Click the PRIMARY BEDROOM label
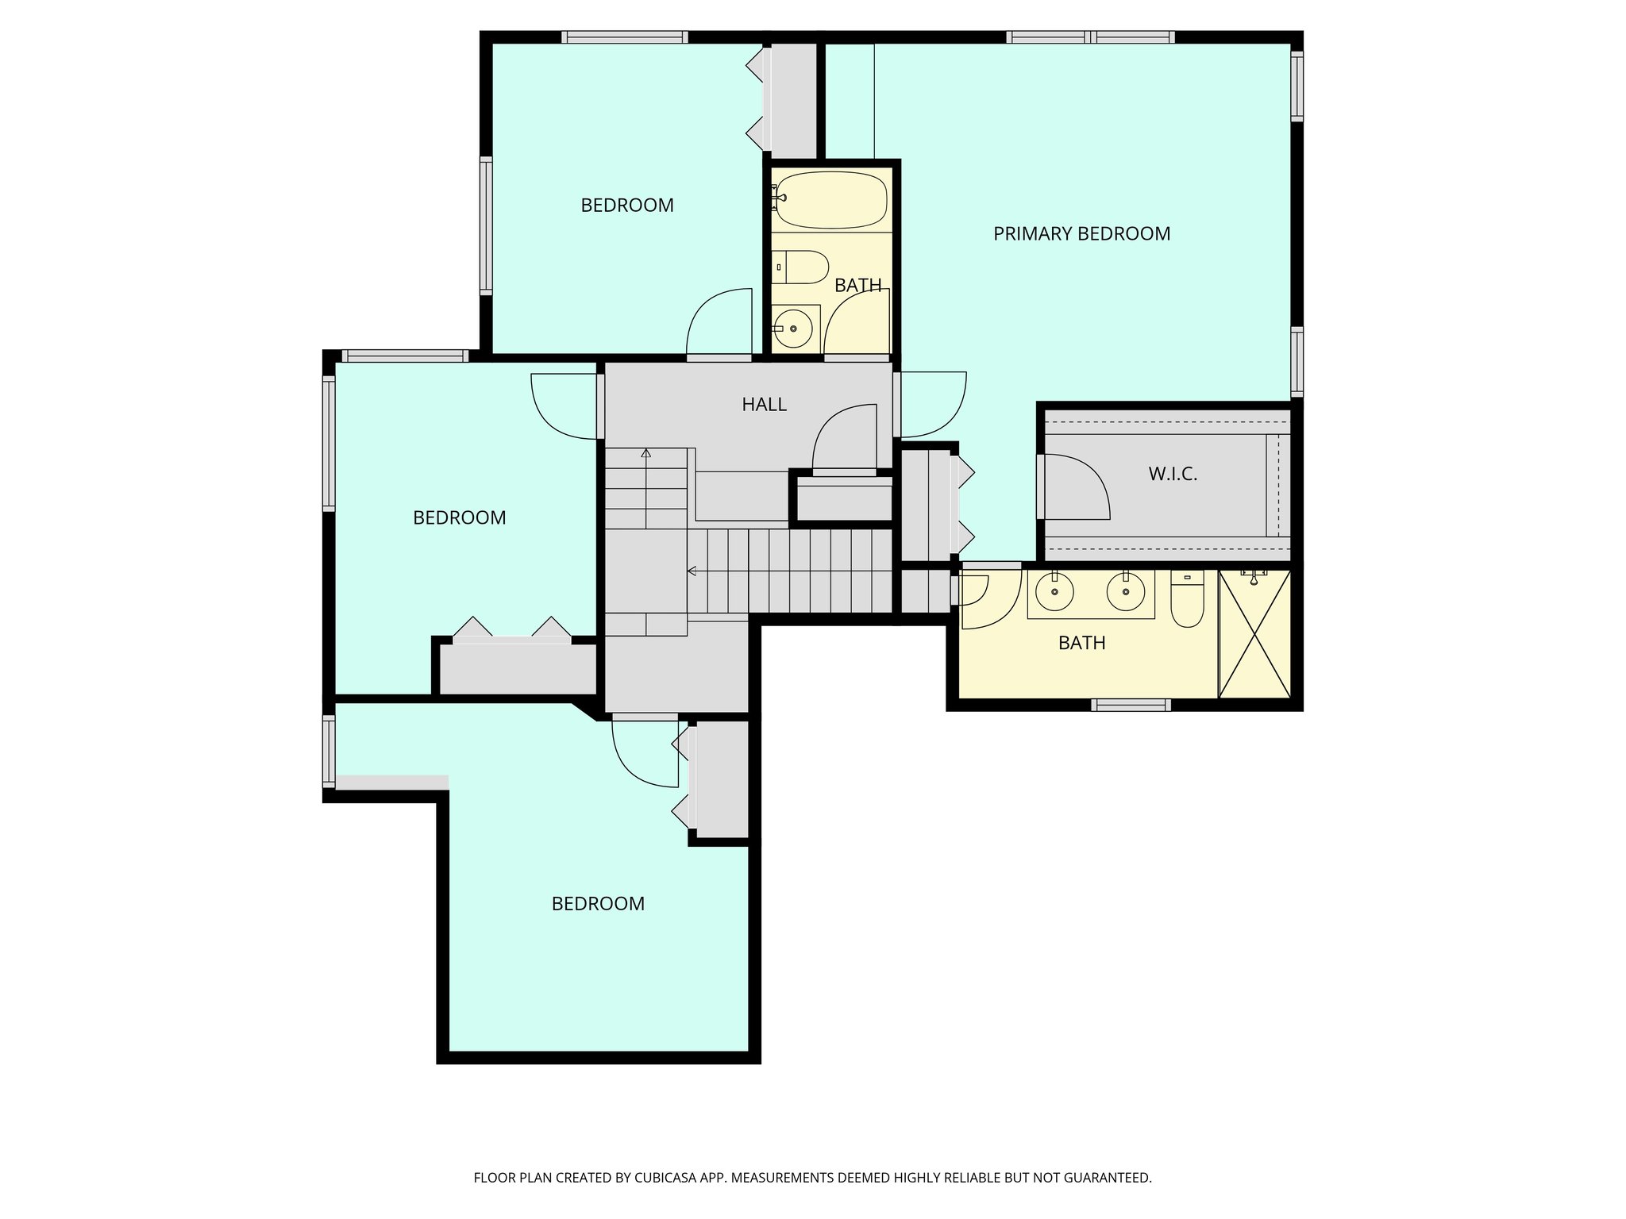coord(1081,234)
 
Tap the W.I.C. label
coord(1172,475)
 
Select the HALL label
coord(764,405)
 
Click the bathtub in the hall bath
coord(830,200)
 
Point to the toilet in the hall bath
coord(800,267)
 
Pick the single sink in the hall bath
coord(793,327)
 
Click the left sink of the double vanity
coord(1054,591)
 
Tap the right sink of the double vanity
coord(1124,591)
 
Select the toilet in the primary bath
coord(1187,601)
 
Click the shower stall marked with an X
coord(1254,634)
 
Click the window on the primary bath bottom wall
coord(1131,704)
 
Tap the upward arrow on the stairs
coord(645,454)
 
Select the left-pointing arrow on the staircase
coord(693,571)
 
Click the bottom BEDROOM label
coord(598,904)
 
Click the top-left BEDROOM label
coord(626,206)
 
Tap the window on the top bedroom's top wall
coord(624,37)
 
